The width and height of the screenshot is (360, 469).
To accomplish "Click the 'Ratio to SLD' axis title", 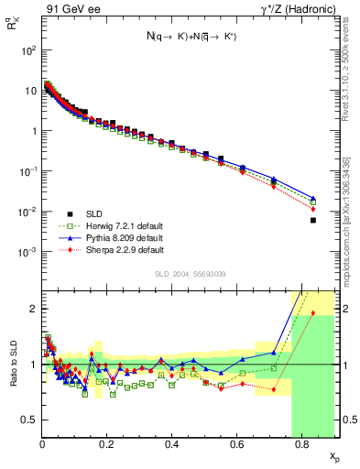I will pos(13,364).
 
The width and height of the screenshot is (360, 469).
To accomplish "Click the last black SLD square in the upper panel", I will pos(313,220).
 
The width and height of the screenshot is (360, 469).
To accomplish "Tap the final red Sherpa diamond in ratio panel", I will pos(313,313).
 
